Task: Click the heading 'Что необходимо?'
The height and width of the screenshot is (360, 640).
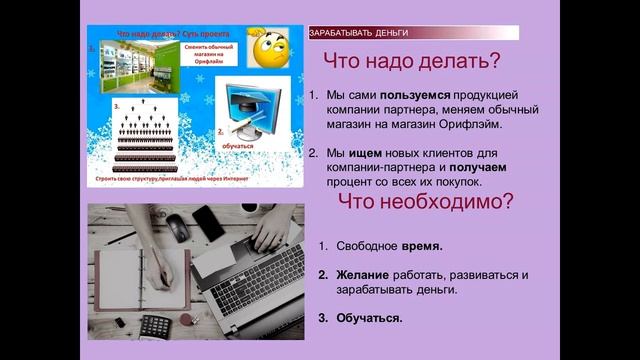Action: click(426, 203)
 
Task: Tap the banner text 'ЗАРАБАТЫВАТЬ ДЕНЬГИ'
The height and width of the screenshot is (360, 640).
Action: click(351, 33)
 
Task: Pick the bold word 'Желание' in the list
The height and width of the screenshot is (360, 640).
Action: click(361, 274)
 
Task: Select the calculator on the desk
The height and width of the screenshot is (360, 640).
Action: click(154, 327)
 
